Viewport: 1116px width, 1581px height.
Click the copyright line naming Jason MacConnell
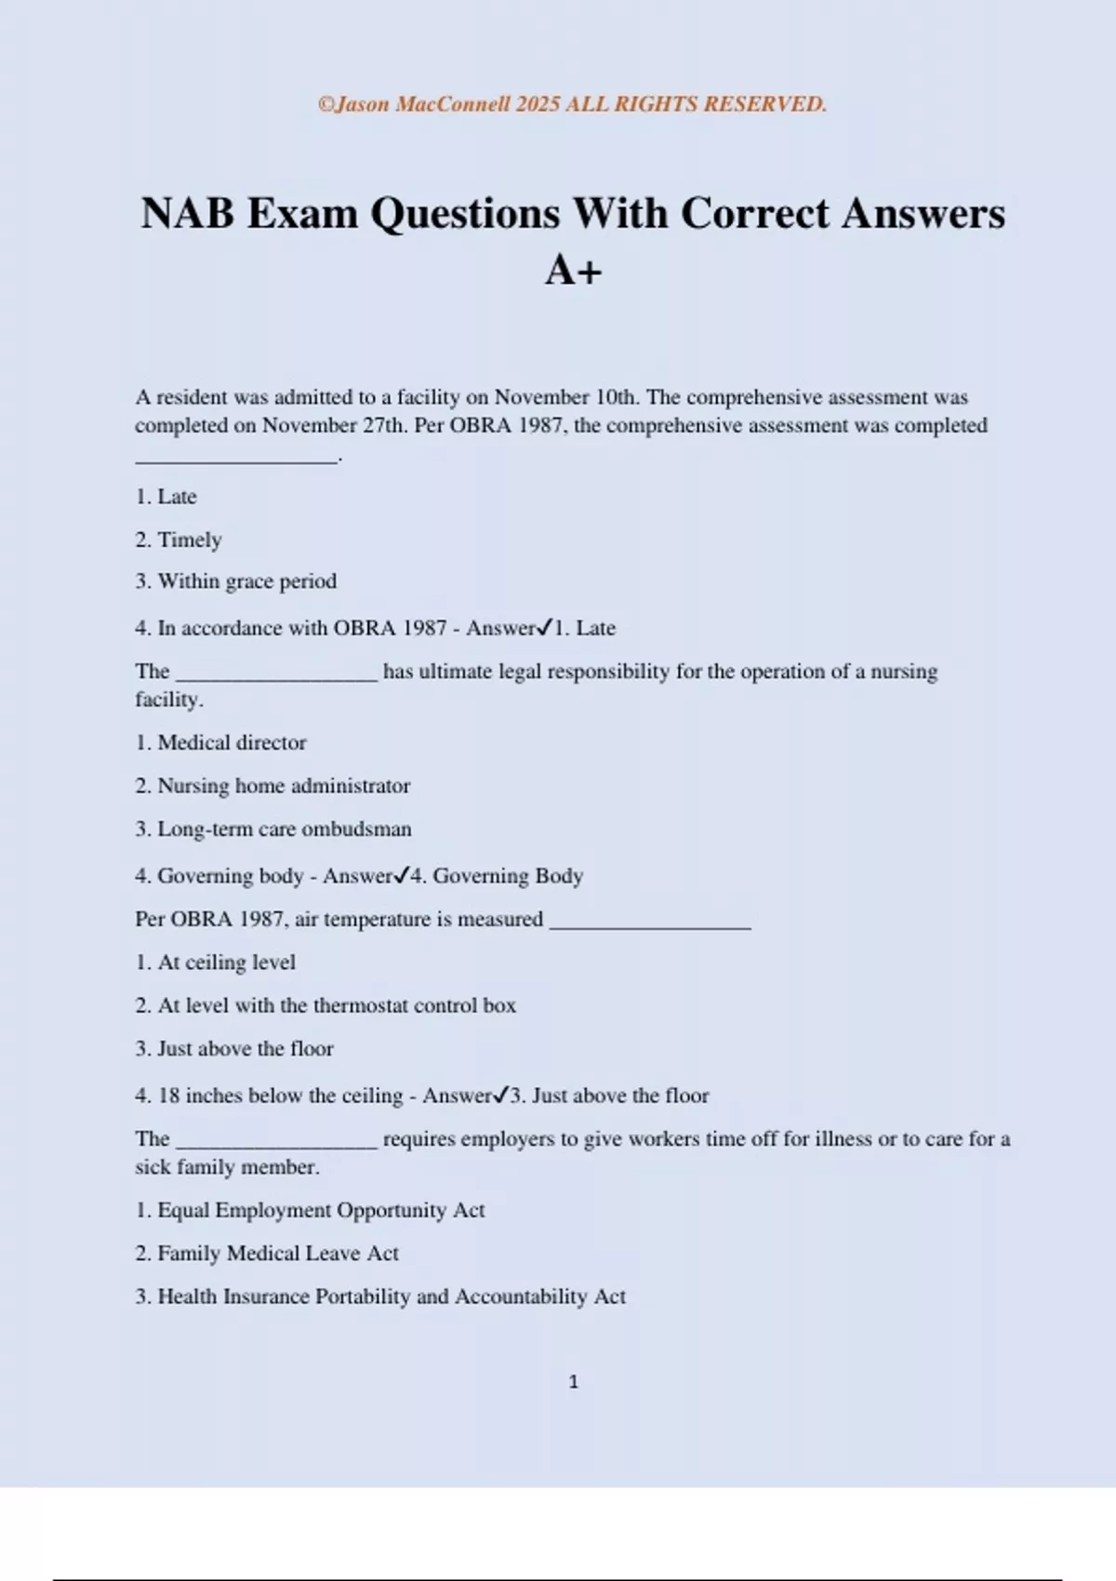572,104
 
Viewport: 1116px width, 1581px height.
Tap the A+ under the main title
573,271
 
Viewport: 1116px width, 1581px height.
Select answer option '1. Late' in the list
166,497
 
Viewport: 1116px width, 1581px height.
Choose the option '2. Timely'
179,539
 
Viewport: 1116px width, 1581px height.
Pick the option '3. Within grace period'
236,581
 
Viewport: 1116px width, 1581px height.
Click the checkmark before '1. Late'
546,628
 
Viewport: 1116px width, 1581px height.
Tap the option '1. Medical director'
221,742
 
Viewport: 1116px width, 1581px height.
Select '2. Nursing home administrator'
272,786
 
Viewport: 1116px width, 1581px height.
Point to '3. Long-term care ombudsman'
273,829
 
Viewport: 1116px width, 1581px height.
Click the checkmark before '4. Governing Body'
402,875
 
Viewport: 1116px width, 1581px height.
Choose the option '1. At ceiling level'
216,963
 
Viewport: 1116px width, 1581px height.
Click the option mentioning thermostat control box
325,1005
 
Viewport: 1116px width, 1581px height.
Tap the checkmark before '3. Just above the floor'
501,1095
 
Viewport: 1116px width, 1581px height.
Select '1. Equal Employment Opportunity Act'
311,1210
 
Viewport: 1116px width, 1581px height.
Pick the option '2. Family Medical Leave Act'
267,1254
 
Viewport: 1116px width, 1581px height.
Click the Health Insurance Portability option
380,1296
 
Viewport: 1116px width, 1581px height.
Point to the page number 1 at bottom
573,1382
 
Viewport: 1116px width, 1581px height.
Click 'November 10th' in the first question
565,397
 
